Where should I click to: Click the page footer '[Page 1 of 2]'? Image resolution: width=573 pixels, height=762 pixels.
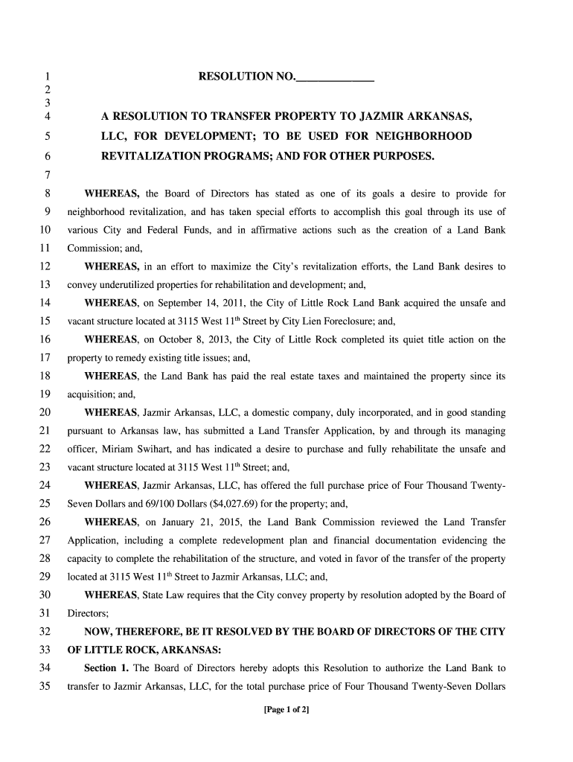(x=286, y=710)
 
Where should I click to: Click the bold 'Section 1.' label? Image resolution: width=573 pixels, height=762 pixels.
(x=108, y=667)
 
